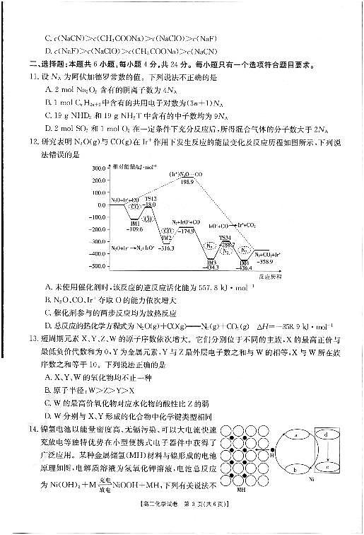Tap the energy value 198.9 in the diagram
(187, 182)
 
